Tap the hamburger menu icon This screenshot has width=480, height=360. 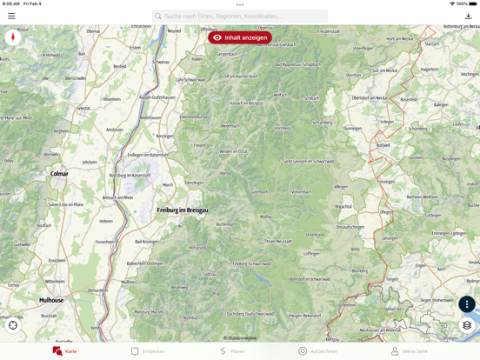(11, 16)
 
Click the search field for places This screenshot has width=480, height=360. (240, 16)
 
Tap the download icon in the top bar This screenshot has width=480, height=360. (468, 16)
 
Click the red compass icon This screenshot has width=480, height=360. (13, 37)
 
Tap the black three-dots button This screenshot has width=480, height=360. (467, 304)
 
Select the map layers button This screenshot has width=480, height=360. (467, 325)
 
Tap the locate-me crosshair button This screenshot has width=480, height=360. (13, 325)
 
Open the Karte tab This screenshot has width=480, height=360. (65, 351)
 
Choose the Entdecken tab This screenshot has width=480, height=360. (148, 351)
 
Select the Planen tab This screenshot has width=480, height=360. (232, 351)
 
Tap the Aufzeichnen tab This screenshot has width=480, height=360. (317, 351)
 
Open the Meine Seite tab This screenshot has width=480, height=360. (409, 351)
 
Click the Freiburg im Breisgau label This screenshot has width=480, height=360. (183, 210)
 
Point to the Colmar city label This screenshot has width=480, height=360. (59, 174)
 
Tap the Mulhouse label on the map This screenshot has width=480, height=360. (51, 300)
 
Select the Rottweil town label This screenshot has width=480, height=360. (383, 145)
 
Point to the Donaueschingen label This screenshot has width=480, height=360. (350, 227)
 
